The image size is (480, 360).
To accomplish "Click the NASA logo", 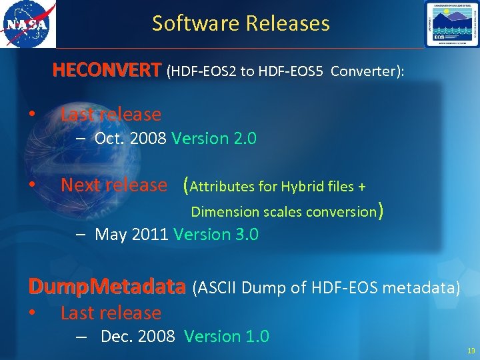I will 28,25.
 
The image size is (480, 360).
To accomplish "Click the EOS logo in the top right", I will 451,24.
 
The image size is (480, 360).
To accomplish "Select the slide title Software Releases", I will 241,24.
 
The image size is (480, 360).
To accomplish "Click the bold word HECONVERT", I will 107,71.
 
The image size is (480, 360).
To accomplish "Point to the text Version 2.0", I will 214,139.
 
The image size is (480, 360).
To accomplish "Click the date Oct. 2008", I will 131,139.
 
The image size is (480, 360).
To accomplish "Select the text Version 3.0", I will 216,235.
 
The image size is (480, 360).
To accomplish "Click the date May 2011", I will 132,235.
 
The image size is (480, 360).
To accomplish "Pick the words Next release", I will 114,185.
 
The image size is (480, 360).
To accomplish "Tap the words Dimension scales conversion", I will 284,212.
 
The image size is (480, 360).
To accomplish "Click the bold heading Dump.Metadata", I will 107,287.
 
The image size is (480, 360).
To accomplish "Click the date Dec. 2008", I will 137,336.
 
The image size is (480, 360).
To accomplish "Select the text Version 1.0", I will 227,336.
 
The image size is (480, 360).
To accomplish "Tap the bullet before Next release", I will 31,185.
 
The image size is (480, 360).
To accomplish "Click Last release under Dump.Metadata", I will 111,313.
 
